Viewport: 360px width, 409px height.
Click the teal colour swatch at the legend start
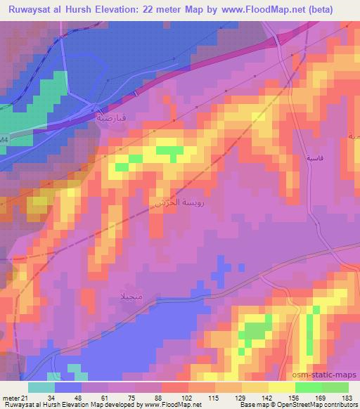[41, 387]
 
